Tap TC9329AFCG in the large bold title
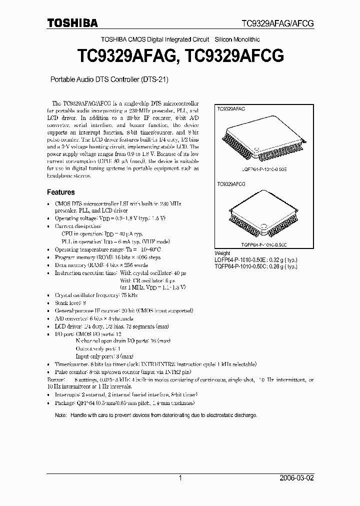pyautogui.click(x=234, y=56)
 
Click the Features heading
pyautogui.click(x=61, y=192)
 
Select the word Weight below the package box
pyautogui.click(x=222, y=253)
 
